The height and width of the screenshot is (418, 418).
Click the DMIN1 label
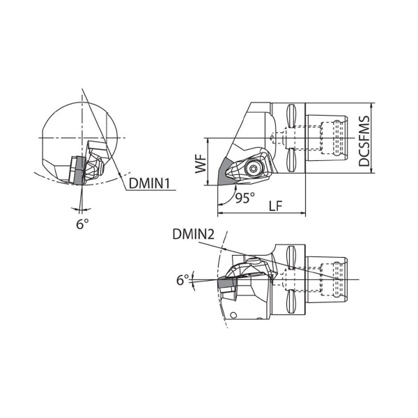click(x=149, y=183)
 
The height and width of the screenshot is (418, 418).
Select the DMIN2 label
click(x=193, y=234)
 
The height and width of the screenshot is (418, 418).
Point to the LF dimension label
click(x=275, y=206)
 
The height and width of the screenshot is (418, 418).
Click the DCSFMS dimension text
click(x=364, y=141)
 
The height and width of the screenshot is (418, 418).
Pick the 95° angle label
click(x=245, y=198)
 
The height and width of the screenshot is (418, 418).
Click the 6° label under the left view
click(x=82, y=224)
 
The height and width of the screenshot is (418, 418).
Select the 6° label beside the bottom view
click(x=183, y=280)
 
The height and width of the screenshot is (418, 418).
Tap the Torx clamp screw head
click(x=252, y=168)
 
